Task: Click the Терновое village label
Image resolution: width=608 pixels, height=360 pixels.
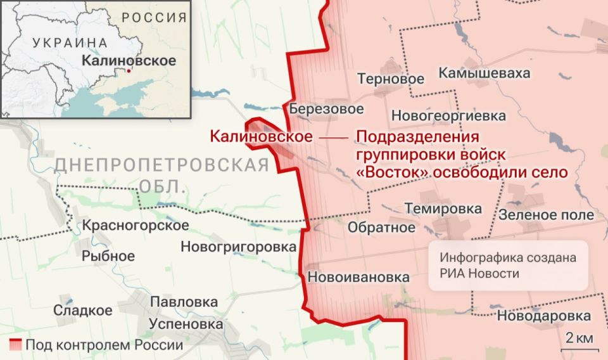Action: tap(390, 79)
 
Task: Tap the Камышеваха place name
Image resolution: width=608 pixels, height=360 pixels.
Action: tap(484, 74)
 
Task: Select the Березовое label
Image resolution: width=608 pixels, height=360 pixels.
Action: tap(327, 109)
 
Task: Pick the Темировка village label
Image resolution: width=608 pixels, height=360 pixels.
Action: tap(443, 209)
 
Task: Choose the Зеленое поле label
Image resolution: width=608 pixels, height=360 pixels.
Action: tap(546, 215)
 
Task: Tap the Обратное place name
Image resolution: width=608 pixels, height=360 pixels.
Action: tap(382, 228)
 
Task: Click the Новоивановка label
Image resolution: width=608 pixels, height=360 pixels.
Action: tap(358, 277)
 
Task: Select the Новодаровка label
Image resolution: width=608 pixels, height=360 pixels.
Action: tap(545, 316)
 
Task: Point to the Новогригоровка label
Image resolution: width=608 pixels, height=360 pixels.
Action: tap(239, 247)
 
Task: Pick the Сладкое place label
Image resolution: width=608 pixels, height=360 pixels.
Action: tap(82, 311)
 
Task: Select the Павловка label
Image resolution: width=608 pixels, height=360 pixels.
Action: tap(184, 302)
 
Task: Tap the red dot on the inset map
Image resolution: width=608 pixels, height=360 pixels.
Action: tap(129, 71)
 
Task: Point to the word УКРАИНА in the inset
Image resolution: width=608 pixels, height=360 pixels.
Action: tap(70, 43)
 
